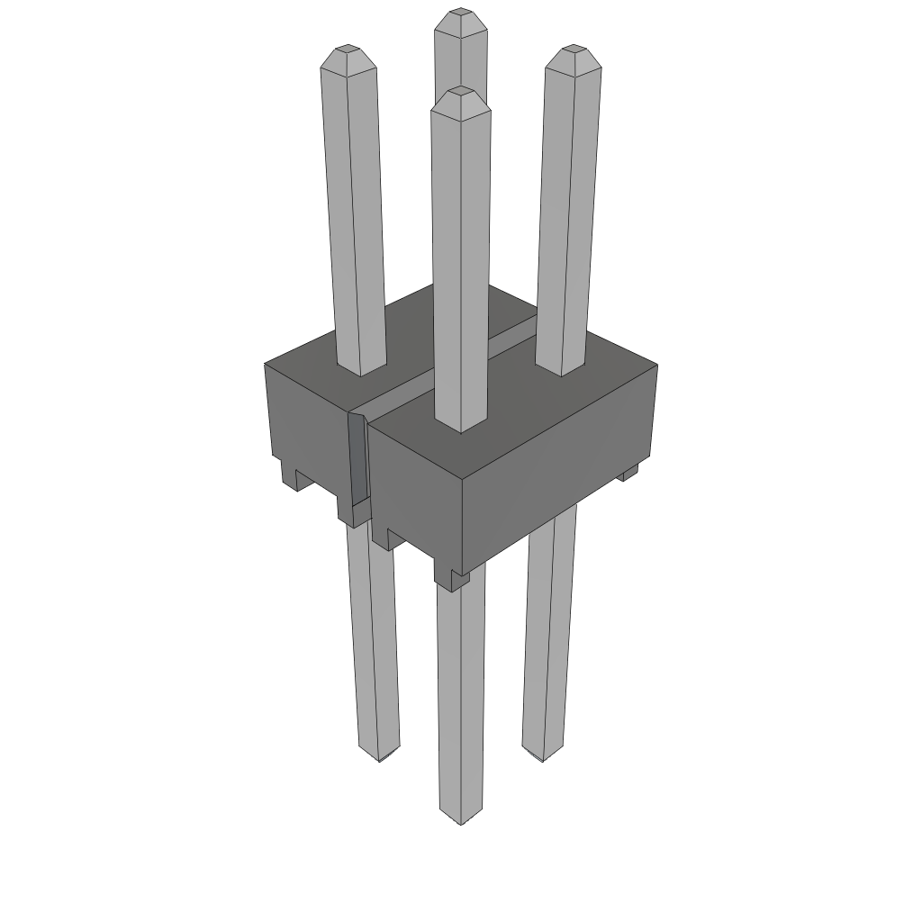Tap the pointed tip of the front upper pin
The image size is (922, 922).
click(x=461, y=92)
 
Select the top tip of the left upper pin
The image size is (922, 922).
click(x=345, y=50)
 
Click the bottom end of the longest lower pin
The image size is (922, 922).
click(x=460, y=818)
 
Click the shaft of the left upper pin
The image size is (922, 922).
click(x=354, y=216)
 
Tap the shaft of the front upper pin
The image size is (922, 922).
click(x=461, y=261)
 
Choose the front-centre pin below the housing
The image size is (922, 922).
click(x=460, y=702)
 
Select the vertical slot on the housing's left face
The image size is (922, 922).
click(x=358, y=459)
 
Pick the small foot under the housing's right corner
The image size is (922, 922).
click(x=629, y=472)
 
